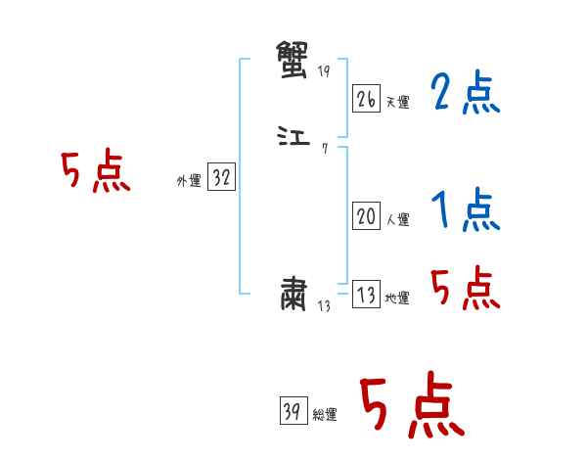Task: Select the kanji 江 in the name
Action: (293, 136)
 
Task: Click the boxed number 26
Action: (366, 99)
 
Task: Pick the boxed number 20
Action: (366, 217)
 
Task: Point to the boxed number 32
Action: (221, 178)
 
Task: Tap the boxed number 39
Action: (293, 412)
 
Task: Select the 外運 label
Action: (189, 182)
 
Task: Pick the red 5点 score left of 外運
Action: (95, 173)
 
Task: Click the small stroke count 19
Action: (324, 72)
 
